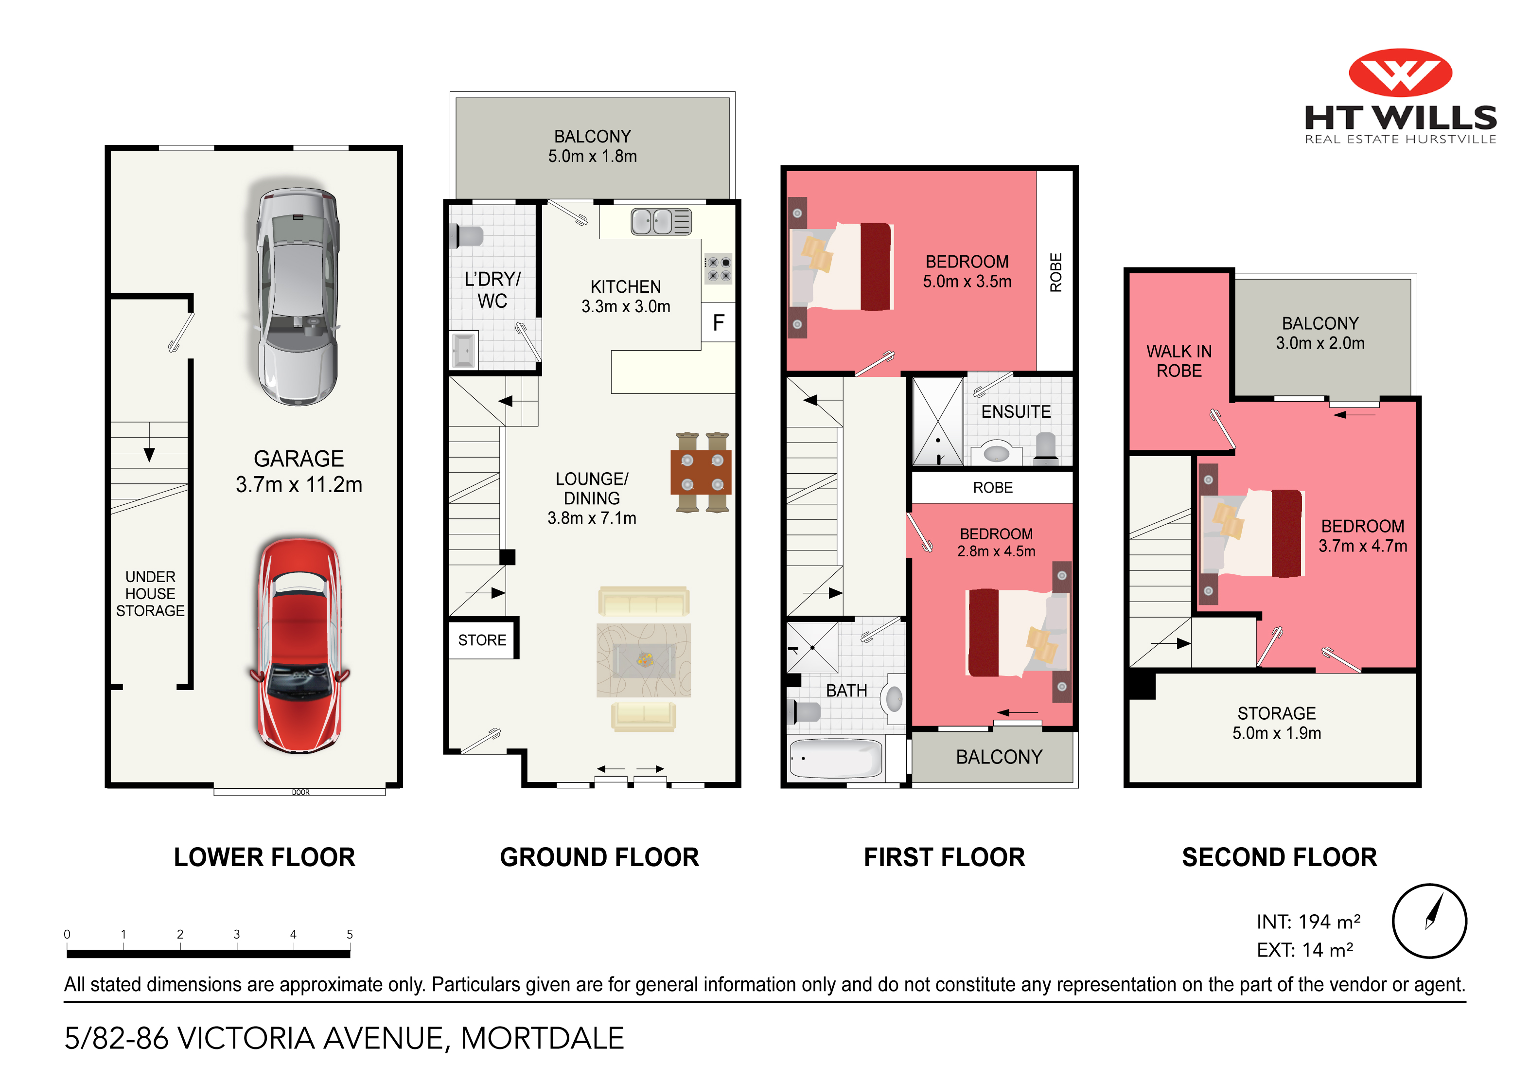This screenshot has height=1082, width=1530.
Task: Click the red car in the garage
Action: pyautogui.click(x=300, y=645)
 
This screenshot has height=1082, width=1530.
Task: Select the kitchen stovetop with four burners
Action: pyautogui.click(x=719, y=268)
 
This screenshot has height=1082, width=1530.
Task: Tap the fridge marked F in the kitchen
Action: pyautogui.click(x=719, y=323)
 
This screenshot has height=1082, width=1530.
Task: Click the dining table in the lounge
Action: pyautogui.click(x=701, y=472)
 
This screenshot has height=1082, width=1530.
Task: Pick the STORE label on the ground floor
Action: pyautogui.click(x=482, y=640)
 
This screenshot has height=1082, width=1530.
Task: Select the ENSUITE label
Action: pyautogui.click(x=1016, y=412)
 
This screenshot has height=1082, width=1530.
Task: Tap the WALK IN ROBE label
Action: pyautogui.click(x=1179, y=361)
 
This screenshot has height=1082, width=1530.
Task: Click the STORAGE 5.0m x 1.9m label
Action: pyautogui.click(x=1276, y=723)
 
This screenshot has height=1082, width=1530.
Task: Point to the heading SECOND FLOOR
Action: pyautogui.click(x=1279, y=857)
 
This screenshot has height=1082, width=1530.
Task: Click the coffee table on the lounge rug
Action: pyautogui.click(x=644, y=660)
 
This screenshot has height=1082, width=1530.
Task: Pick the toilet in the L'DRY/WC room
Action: pyautogui.click(x=467, y=236)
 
